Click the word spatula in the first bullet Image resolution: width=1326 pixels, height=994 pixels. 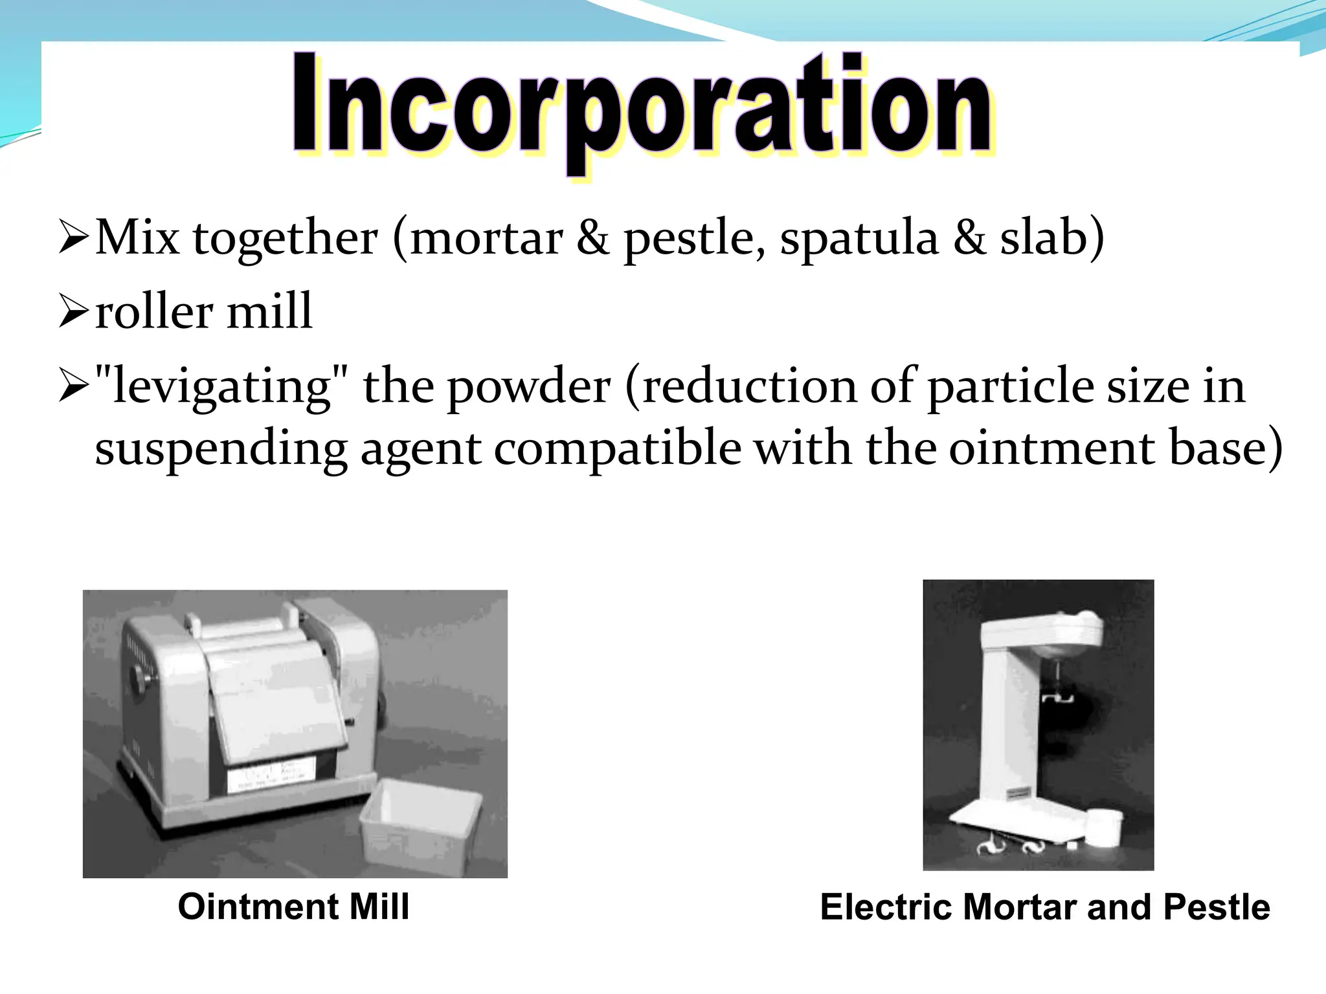point(859,238)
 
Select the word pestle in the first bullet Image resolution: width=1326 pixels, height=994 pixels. point(689,238)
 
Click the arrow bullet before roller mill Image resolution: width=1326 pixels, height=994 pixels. point(73,311)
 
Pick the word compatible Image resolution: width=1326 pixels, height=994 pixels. point(616,448)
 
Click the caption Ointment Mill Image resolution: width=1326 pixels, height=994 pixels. point(293,906)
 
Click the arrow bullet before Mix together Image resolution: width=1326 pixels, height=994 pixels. point(73,237)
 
